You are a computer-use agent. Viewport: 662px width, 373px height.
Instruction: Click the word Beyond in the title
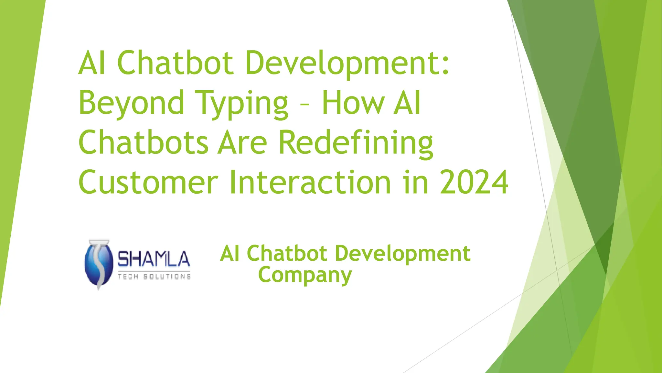pos(131,103)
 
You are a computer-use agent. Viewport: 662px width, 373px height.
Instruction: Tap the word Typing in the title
pos(242,103)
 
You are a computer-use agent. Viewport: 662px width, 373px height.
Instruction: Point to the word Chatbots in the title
pos(143,142)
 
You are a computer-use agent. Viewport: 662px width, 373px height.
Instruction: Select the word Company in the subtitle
pos(305,276)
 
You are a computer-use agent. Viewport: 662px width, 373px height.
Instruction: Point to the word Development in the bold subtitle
pos(402,253)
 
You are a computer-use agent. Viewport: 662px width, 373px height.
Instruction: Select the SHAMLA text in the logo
pos(154,259)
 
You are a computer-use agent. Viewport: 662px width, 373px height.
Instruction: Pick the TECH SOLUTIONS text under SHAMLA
pos(154,277)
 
